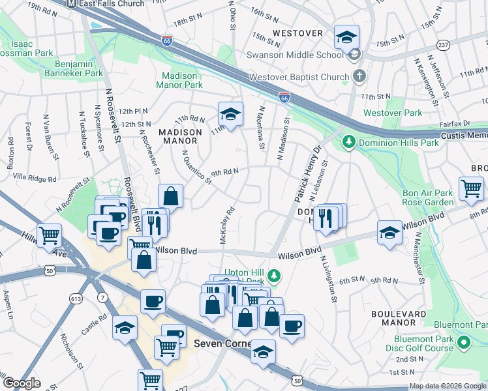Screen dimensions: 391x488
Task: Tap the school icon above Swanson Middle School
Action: tap(346, 36)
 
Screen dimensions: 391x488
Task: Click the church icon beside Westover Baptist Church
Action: tap(358, 77)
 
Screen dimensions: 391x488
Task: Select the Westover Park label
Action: tap(393, 113)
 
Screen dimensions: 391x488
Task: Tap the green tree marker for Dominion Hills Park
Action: tap(349, 141)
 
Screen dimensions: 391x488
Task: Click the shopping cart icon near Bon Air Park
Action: tap(471, 188)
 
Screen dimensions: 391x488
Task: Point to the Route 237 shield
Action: tap(444, 44)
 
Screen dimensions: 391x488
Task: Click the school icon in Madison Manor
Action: tap(230, 114)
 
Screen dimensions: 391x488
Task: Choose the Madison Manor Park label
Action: tap(179, 80)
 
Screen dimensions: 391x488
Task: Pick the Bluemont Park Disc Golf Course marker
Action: tap(464, 342)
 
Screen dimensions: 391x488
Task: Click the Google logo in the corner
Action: tap(22, 383)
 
